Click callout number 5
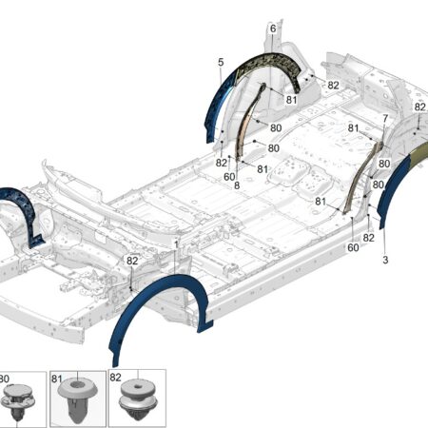[x=221, y=62]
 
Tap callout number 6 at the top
[x=273, y=29]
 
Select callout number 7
[x=385, y=119]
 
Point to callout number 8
[x=237, y=185]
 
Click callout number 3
[x=385, y=260]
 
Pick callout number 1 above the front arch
[x=176, y=244]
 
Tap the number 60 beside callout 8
[x=229, y=177]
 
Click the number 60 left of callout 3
[x=353, y=247]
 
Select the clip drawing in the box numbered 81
[x=76, y=401]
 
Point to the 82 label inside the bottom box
[x=115, y=378]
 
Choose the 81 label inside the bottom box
[x=56, y=379]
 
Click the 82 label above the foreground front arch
[x=132, y=261]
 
